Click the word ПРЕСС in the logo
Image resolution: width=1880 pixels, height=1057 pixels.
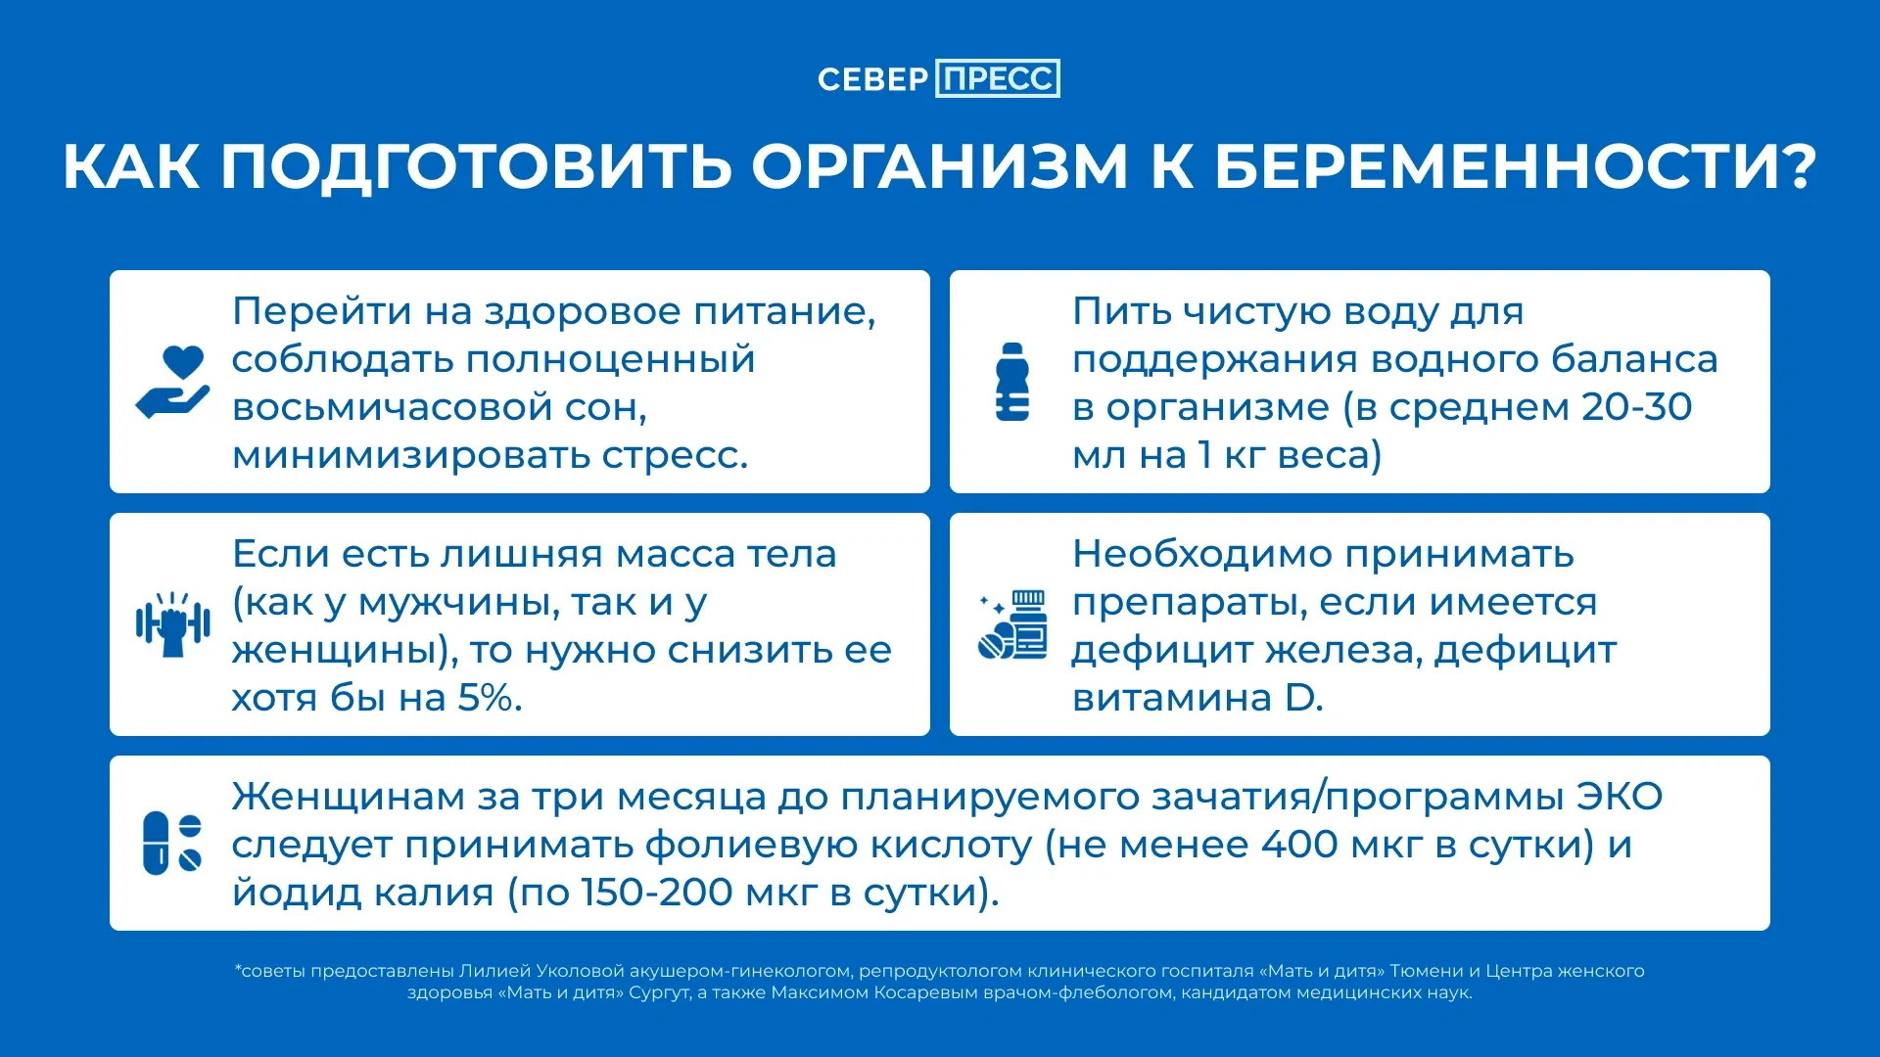tap(998, 78)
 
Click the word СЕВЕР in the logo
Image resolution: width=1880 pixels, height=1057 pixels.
tap(872, 79)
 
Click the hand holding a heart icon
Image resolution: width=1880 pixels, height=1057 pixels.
tap(172, 383)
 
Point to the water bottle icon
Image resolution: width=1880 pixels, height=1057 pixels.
tap(1012, 382)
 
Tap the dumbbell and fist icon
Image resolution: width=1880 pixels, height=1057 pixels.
tap(173, 624)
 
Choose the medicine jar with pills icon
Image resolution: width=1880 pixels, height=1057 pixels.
tap(1012, 624)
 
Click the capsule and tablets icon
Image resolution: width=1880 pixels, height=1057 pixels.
tap(172, 843)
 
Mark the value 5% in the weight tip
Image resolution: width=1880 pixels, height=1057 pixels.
tap(486, 698)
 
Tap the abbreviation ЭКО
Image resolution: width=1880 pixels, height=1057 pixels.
tap(1620, 797)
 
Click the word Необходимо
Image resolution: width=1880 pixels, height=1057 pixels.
tap(1202, 554)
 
